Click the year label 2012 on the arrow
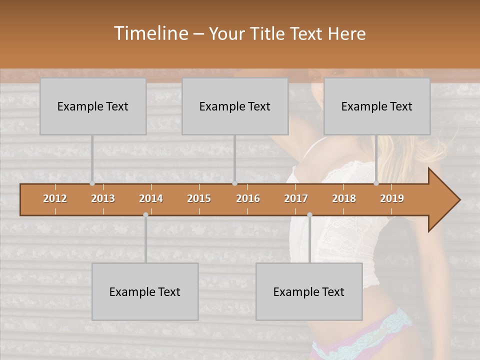pyautogui.click(x=55, y=198)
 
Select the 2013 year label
pyautogui.click(x=103, y=198)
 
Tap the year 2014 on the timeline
pyautogui.click(x=151, y=198)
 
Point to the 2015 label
pyautogui.click(x=199, y=198)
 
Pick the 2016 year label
pyautogui.click(x=248, y=198)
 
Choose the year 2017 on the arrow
pyautogui.click(x=296, y=198)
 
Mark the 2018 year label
pyautogui.click(x=344, y=198)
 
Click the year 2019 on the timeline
pyautogui.click(x=392, y=198)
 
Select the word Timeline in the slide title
pyautogui.click(x=150, y=33)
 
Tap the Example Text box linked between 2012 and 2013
pyautogui.click(x=93, y=106)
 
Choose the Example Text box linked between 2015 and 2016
pyautogui.click(x=235, y=106)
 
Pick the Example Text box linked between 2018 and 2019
pyautogui.click(x=377, y=106)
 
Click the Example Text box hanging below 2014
pyautogui.click(x=145, y=292)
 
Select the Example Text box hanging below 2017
pyautogui.click(x=309, y=292)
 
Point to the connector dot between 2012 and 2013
pyautogui.click(x=92, y=183)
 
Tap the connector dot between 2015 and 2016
pyautogui.click(x=234, y=183)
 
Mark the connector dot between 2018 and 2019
pyautogui.click(x=376, y=183)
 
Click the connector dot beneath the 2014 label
pyautogui.click(x=145, y=215)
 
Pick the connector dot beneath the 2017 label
pyautogui.click(x=309, y=215)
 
